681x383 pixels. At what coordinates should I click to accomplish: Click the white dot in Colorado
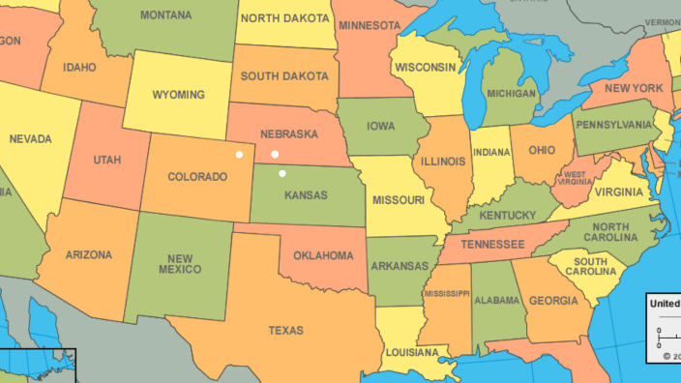[x=240, y=154]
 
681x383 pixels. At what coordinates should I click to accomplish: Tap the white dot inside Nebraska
[x=275, y=154]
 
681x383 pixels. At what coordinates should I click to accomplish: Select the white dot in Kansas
[x=282, y=173]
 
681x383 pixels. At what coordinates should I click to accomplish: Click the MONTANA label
[x=165, y=15]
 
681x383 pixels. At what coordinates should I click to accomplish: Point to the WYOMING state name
[x=178, y=95]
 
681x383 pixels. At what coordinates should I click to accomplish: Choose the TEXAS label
[x=285, y=331]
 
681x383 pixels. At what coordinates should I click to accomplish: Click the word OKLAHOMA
[x=323, y=255]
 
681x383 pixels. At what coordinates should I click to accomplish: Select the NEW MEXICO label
[x=182, y=263]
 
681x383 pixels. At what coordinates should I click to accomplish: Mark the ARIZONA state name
[x=88, y=255]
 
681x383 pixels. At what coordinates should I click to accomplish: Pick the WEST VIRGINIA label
[x=574, y=178]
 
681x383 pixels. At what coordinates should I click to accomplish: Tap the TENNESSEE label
[x=492, y=244]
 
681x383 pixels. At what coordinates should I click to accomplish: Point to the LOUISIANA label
[x=411, y=353]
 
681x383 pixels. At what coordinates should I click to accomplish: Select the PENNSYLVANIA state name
[x=617, y=125]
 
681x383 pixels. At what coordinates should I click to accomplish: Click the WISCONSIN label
[x=424, y=67]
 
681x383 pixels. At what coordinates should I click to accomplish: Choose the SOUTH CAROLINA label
[x=589, y=266]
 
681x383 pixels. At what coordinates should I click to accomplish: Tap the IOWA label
[x=381, y=127]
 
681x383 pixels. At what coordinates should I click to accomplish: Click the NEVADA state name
[x=30, y=139]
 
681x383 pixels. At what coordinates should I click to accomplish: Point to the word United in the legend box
[x=665, y=303]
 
